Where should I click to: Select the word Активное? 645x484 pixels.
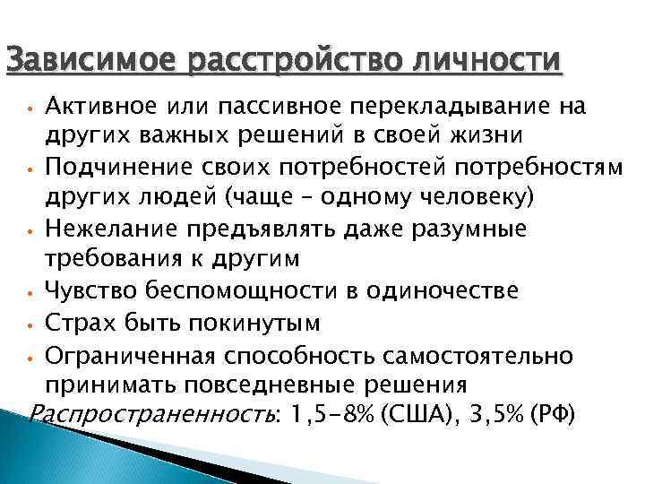coord(101,108)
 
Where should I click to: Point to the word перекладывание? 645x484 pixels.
coord(457,108)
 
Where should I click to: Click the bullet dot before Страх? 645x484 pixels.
coord(30,325)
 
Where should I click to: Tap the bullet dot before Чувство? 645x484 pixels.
coord(30,293)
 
